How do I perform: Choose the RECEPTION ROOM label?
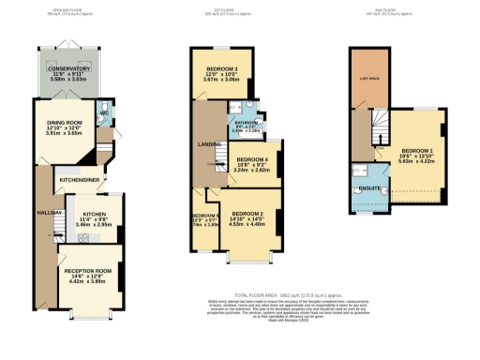pos(87,271)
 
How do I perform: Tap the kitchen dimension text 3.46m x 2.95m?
pos(93,226)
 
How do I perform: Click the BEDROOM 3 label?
pos(222,69)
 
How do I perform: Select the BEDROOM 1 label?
pos(416,151)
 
